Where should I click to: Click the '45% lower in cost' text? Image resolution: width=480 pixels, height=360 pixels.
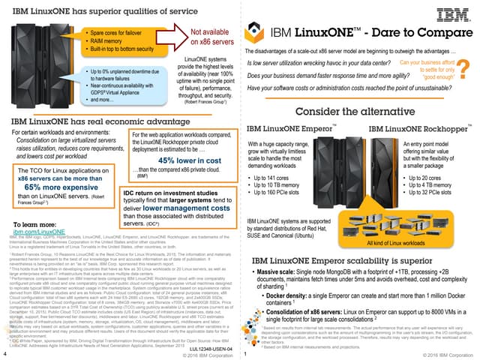coord(178,160)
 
